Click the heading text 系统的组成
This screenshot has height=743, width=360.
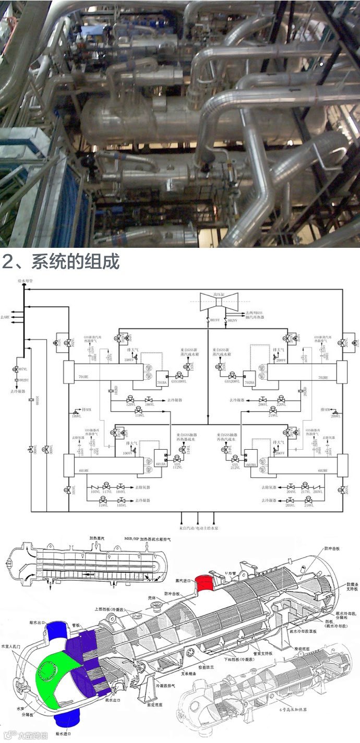75,261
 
